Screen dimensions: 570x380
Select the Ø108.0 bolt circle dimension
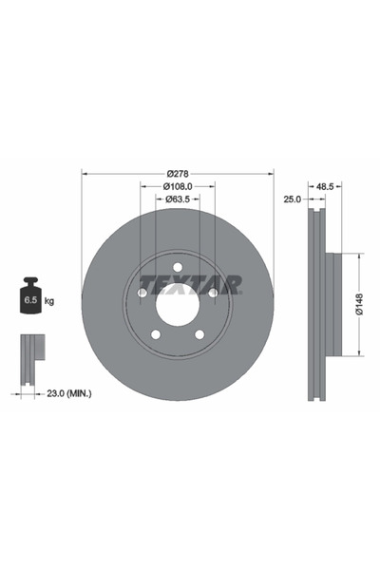(177, 186)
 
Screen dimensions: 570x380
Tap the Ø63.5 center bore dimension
(177, 199)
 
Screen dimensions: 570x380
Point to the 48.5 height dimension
(324, 187)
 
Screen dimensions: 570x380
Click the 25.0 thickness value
(293, 199)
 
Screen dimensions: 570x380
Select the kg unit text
(49, 301)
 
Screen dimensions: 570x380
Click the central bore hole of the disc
(177, 306)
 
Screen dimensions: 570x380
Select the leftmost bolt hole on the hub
(142, 294)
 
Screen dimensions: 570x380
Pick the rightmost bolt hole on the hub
(213, 294)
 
